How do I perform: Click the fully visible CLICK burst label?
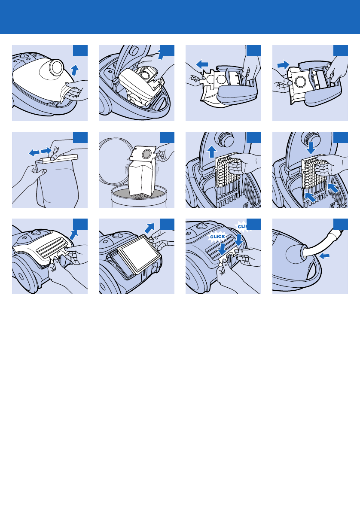pyautogui.click(x=217, y=237)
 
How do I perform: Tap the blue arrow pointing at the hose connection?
pyautogui.click(x=324, y=256)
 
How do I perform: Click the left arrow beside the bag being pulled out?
pyautogui.click(x=202, y=64)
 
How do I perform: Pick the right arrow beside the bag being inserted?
pyautogui.click(x=284, y=64)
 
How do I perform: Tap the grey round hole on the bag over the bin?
pyautogui.click(x=147, y=152)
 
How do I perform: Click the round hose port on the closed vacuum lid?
pyautogui.click(x=56, y=67)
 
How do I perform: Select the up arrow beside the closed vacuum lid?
pyautogui.click(x=75, y=70)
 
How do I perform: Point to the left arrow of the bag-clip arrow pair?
pyautogui.click(x=34, y=152)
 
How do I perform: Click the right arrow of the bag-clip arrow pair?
pyautogui.click(x=46, y=151)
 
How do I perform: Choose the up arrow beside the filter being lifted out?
pyautogui.click(x=212, y=152)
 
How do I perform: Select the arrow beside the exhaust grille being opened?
pyautogui.click(x=74, y=234)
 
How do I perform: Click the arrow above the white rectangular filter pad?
pyautogui.click(x=149, y=228)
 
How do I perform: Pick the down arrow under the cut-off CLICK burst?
pyautogui.click(x=239, y=240)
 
